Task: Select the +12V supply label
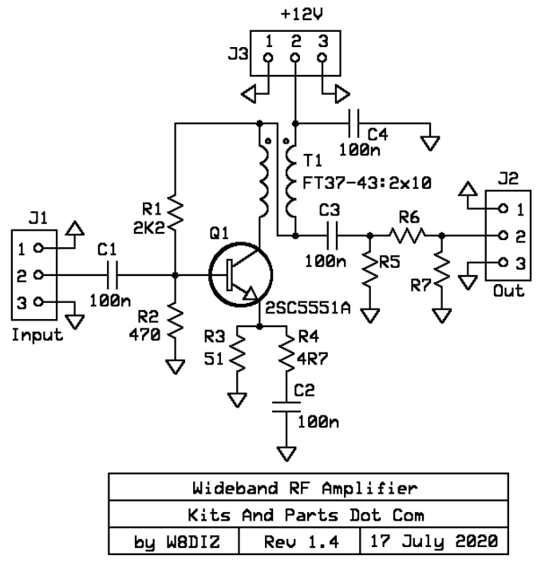pyautogui.click(x=295, y=14)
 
